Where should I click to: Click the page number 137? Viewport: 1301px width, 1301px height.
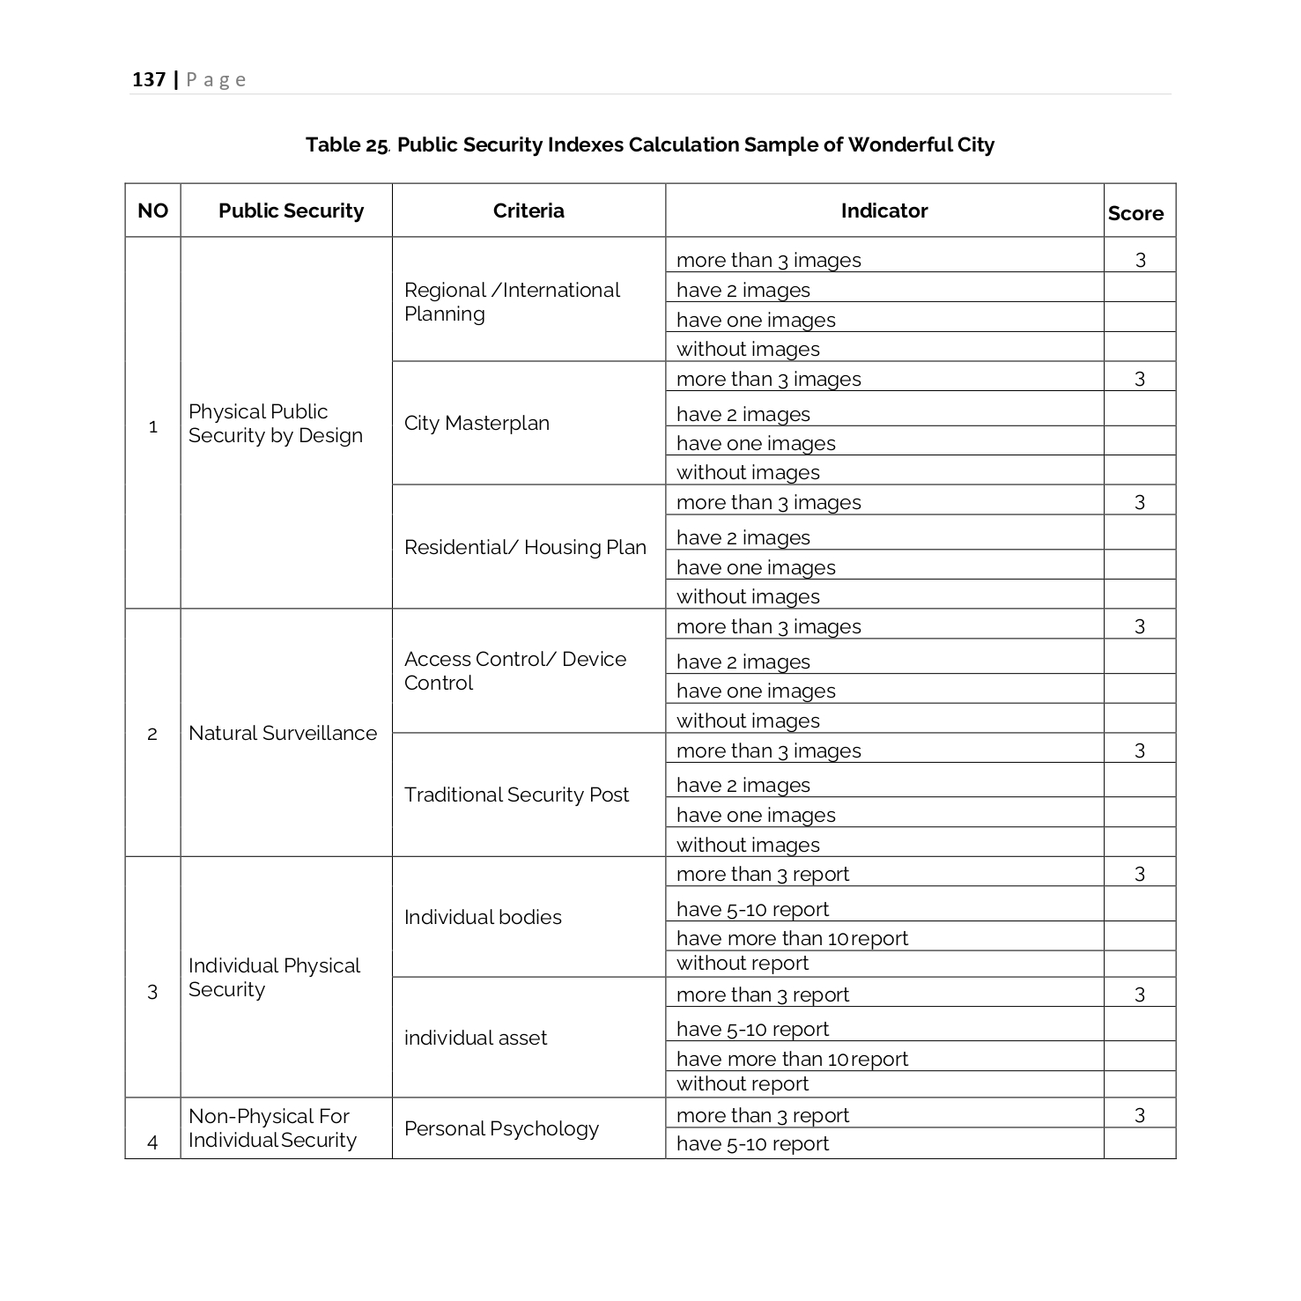[149, 80]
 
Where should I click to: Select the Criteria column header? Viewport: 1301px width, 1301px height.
[529, 211]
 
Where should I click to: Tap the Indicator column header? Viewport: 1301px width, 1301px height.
[883, 211]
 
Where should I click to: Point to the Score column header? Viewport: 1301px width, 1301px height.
[1135, 213]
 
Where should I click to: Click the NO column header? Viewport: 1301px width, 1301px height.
[152, 211]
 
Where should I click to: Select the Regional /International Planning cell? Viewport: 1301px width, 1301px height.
[512, 302]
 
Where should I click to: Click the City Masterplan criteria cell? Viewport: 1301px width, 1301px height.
[477, 424]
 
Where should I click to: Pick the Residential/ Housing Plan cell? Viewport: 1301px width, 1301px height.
[525, 547]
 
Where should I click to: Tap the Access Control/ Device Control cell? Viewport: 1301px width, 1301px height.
[515, 671]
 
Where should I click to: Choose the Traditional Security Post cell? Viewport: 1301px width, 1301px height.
[516, 795]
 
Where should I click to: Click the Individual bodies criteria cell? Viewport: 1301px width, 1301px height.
[483, 917]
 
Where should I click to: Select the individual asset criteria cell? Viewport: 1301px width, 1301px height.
[476, 1038]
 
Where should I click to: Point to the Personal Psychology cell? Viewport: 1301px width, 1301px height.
[501, 1128]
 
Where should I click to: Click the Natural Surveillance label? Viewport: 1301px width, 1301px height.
[283, 733]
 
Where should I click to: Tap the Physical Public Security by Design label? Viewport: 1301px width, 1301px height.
[275, 424]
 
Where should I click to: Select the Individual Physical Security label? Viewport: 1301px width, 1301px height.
[274, 978]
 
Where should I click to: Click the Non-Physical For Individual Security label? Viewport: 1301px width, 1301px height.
[272, 1128]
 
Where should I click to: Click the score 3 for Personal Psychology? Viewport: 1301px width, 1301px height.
[1140, 1115]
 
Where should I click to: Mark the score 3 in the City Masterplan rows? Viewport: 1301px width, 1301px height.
[1140, 379]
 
